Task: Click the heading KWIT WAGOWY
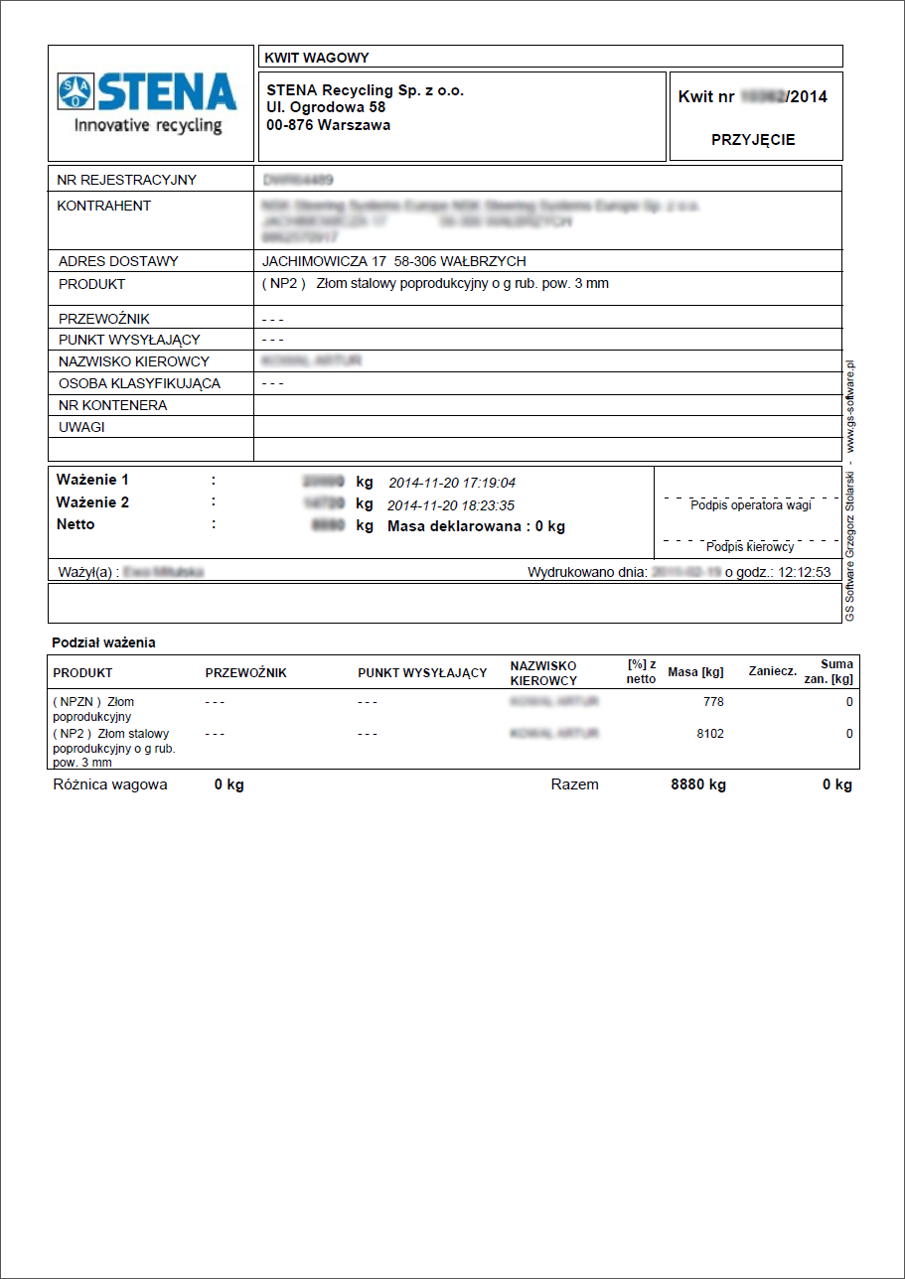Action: pos(317,58)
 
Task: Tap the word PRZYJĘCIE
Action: pos(753,140)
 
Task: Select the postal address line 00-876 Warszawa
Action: pos(329,125)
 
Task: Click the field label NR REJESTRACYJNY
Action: pos(127,180)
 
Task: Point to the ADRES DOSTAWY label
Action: pos(118,261)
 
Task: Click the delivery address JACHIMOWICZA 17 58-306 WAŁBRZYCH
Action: pos(393,261)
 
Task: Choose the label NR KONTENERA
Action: pos(112,405)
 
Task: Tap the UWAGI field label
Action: pos(81,427)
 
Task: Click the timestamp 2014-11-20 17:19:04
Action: pos(451,484)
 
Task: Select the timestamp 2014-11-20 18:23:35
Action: pos(451,505)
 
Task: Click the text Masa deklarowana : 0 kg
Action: pos(476,526)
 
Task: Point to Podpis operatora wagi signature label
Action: pos(750,505)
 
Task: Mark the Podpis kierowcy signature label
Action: pos(750,547)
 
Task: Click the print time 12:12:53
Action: pos(805,573)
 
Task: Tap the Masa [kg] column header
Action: pos(695,672)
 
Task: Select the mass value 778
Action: pos(712,702)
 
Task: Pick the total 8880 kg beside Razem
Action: pos(697,784)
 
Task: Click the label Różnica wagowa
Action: pos(110,784)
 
